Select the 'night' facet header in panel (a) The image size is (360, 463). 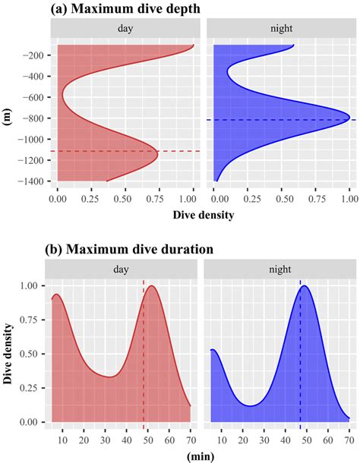tap(282, 27)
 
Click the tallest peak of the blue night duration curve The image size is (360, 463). tap(305, 286)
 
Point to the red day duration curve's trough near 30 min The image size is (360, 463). tap(110, 376)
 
